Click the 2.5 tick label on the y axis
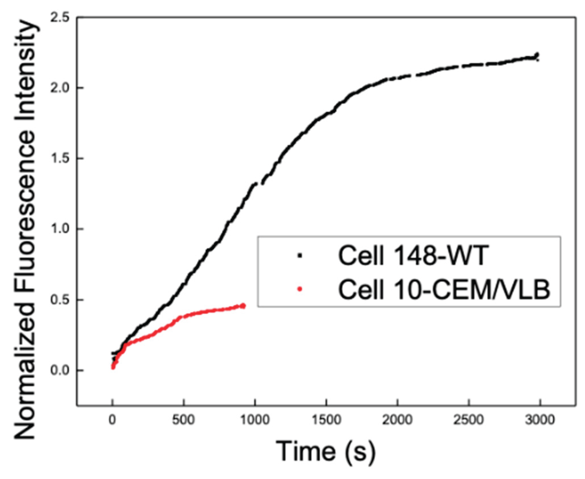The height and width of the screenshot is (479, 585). (x=60, y=18)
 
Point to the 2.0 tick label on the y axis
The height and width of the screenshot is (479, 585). (x=60, y=88)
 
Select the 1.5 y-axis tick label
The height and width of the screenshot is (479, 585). (x=60, y=159)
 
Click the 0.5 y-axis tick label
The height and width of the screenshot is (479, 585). (x=60, y=300)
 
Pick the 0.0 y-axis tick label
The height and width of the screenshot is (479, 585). (x=60, y=370)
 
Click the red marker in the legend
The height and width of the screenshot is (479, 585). (x=299, y=289)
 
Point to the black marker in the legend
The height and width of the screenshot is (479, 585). (x=299, y=255)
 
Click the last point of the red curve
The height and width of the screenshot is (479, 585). (x=243, y=306)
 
